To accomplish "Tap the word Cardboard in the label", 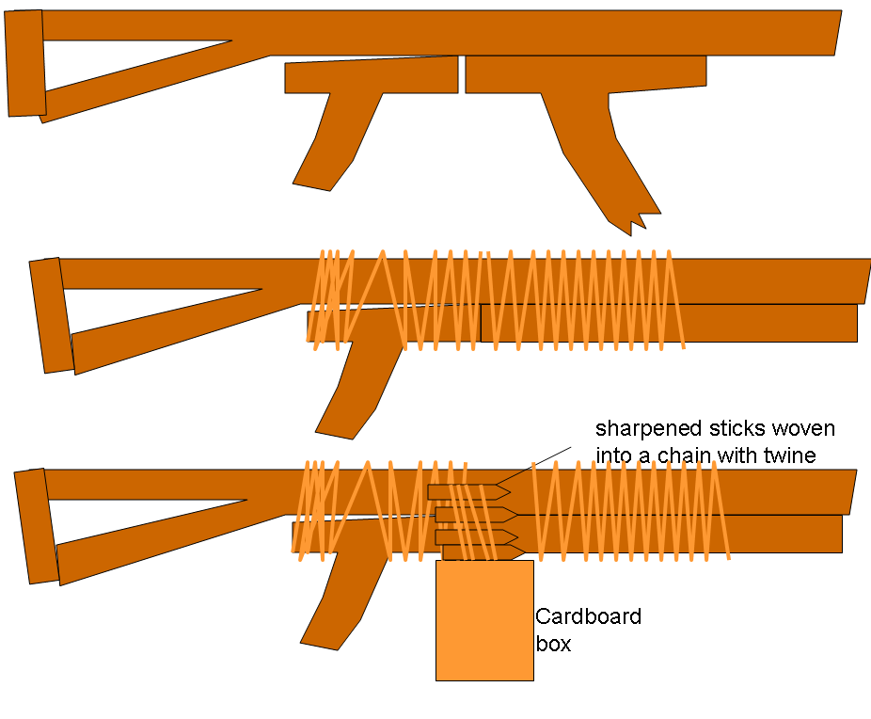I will click(588, 617).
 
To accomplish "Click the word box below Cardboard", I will click(553, 646).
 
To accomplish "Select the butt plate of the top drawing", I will click(25, 63).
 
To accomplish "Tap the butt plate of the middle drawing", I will click(51, 314).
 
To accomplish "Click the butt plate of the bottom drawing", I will click(35, 526).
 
